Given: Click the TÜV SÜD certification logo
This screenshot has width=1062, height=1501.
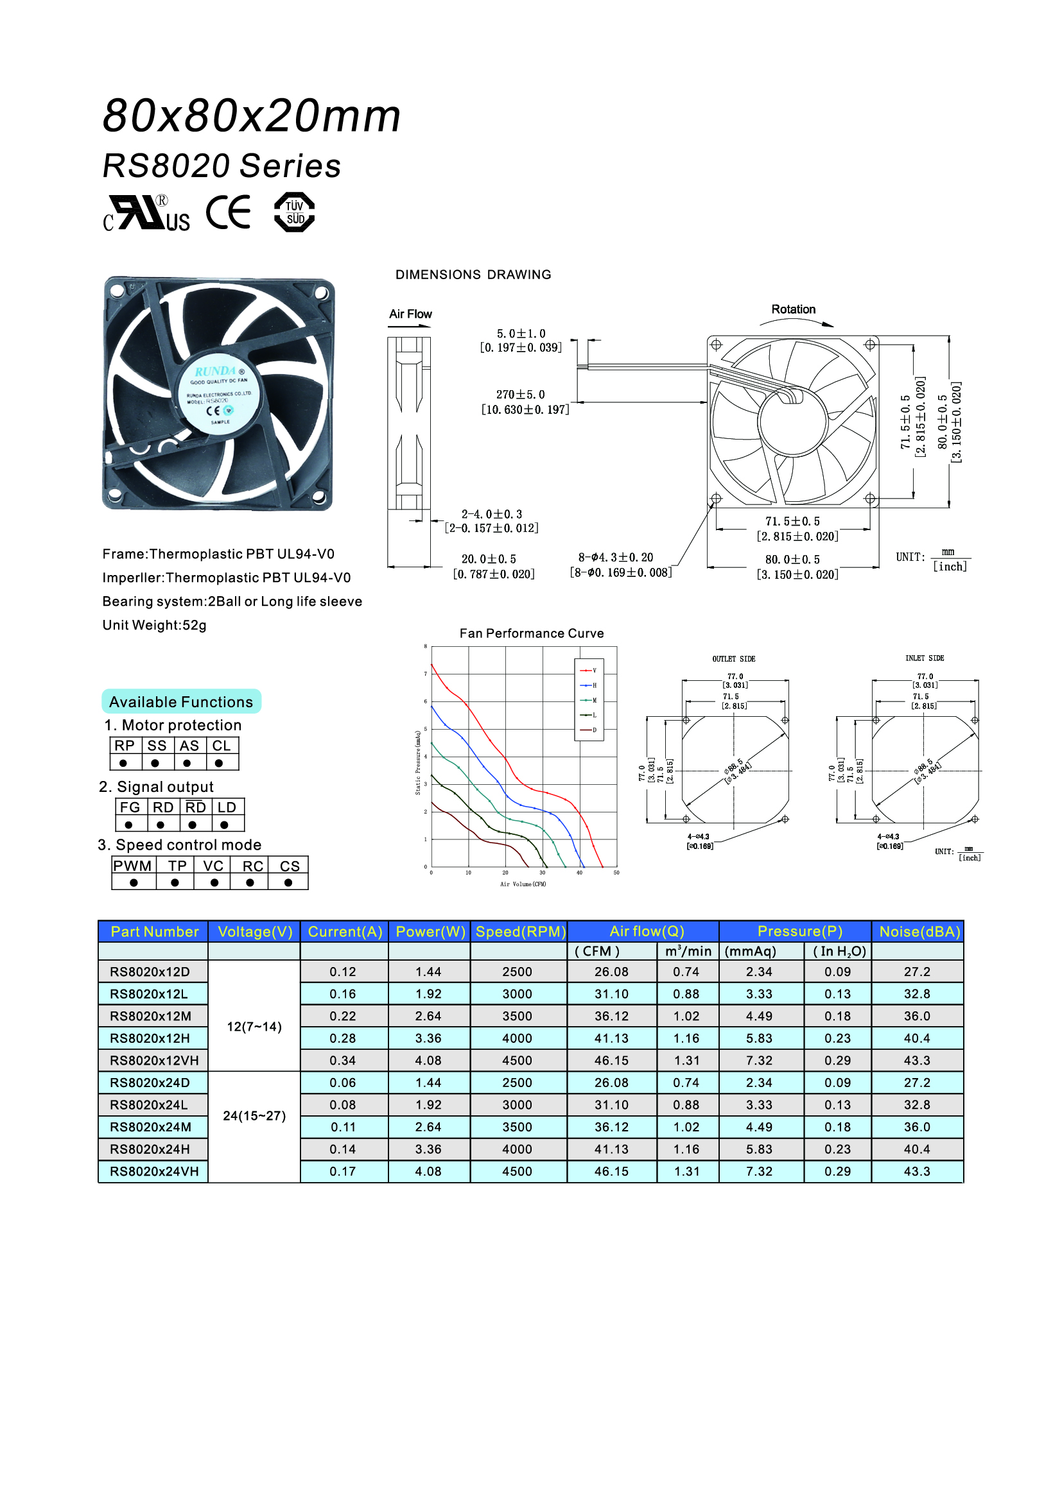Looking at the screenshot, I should click(x=294, y=212).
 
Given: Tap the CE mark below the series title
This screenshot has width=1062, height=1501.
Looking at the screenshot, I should click(x=228, y=212).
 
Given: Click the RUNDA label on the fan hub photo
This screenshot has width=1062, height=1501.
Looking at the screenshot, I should click(x=216, y=372).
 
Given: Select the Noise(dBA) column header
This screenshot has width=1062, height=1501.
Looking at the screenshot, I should click(x=919, y=931).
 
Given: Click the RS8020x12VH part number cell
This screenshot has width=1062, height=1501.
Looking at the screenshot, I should click(x=153, y=1060).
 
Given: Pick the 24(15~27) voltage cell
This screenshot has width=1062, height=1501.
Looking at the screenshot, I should click(x=254, y=1116).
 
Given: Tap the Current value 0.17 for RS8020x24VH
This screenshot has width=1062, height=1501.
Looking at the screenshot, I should click(x=343, y=1172).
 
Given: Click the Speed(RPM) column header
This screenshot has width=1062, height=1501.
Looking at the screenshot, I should click(x=520, y=931).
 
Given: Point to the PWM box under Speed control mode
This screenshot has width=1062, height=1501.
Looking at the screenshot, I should click(x=133, y=866).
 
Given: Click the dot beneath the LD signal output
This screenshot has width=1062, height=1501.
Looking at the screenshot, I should click(x=224, y=825).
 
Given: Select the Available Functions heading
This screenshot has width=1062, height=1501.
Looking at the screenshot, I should click(x=181, y=701).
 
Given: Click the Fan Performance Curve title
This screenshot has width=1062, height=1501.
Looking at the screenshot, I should click(x=532, y=633).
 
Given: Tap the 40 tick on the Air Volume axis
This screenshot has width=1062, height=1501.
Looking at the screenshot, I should click(x=579, y=873).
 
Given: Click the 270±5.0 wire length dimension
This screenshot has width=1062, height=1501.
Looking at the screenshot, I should click(x=521, y=395).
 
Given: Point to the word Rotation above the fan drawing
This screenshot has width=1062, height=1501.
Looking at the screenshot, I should click(x=793, y=309).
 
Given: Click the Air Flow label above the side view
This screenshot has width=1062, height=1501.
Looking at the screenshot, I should click(x=411, y=314).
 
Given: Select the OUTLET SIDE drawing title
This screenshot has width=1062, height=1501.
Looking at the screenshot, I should click(x=734, y=659).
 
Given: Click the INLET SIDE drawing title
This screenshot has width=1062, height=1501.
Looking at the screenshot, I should click(x=924, y=658).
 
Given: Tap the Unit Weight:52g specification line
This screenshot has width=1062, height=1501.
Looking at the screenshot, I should click(x=154, y=625).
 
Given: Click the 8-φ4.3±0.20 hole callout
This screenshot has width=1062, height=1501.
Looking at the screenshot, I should click(x=615, y=558).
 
